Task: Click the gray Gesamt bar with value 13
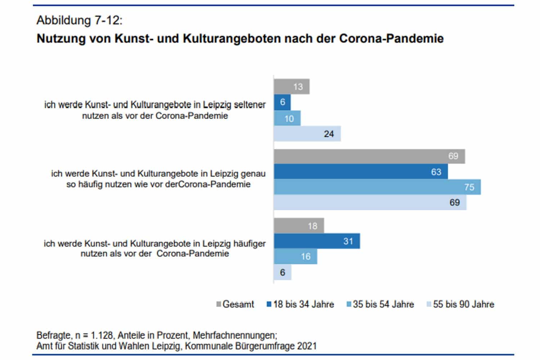[291, 87]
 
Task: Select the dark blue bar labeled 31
[317, 241]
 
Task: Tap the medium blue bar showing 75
[377, 187]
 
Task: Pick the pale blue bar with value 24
[307, 134]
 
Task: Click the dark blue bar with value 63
[361, 172]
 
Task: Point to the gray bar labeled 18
[299, 226]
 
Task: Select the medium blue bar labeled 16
[295, 257]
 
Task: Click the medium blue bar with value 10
[287, 118]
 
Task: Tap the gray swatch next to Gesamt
[219, 305]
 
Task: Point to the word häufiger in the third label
[249, 243]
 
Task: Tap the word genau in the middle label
[253, 174]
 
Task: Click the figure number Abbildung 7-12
[79, 20]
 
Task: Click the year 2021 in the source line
[307, 346]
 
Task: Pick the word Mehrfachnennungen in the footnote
[235, 336]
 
